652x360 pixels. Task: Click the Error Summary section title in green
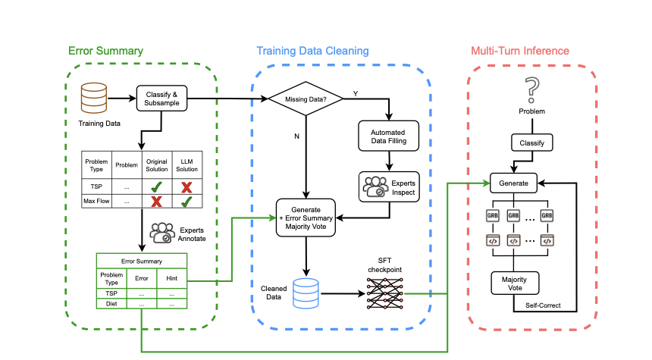click(x=105, y=51)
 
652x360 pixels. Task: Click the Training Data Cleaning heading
click(x=312, y=51)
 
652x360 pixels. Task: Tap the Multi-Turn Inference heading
click(x=519, y=51)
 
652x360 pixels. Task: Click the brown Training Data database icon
click(x=94, y=96)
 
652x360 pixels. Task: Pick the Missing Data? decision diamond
click(x=305, y=99)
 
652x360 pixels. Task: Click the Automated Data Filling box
click(x=388, y=137)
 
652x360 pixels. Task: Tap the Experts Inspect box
click(x=388, y=186)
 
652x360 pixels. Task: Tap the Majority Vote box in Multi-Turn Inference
click(x=516, y=283)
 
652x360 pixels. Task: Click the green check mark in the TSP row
click(x=157, y=185)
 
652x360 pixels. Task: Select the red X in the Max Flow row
click(x=157, y=202)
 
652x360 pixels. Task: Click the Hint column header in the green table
click(x=171, y=277)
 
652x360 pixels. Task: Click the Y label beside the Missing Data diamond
click(x=355, y=93)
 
